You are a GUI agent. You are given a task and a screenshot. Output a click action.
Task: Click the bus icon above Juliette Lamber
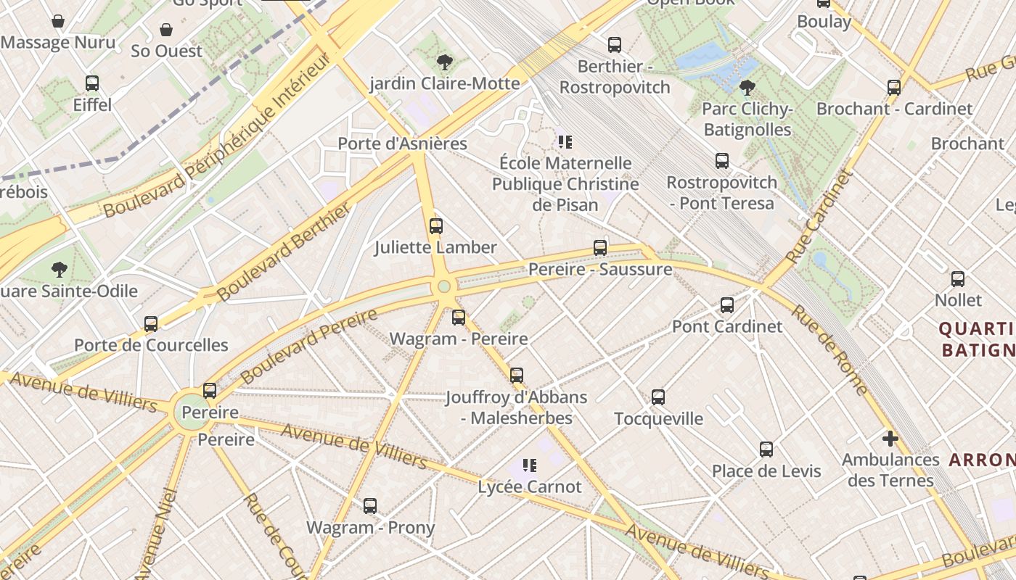point(435,225)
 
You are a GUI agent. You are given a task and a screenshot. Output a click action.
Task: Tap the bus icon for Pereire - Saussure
point(600,248)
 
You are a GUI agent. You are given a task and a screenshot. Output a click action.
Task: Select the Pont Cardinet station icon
point(727,305)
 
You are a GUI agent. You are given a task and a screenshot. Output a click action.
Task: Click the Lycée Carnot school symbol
point(530,465)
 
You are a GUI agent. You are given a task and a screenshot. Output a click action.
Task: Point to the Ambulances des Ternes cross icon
point(890,439)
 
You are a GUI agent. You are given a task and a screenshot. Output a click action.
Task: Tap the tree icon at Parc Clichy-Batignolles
point(747,88)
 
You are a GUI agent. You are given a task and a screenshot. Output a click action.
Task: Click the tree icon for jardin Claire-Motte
point(445,62)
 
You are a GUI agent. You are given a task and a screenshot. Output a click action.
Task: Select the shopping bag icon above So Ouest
point(166,30)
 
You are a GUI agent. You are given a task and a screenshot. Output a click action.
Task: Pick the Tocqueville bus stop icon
point(658,397)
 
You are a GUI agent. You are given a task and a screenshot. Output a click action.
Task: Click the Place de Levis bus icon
point(766,449)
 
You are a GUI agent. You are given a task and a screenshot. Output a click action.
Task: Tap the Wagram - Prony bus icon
point(370,506)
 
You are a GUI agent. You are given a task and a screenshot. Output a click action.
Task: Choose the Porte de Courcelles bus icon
point(151,324)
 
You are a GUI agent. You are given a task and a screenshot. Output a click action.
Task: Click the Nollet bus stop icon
point(958,279)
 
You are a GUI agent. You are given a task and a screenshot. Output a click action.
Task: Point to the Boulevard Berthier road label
point(284,252)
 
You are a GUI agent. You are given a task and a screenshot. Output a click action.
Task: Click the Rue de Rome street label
point(828,349)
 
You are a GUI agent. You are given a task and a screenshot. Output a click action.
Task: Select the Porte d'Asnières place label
point(402,144)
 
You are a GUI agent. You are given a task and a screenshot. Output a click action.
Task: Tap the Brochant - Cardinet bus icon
point(894,88)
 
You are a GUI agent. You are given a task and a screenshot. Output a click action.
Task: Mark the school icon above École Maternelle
point(565,141)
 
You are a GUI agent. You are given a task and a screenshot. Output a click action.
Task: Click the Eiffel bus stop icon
point(92,83)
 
